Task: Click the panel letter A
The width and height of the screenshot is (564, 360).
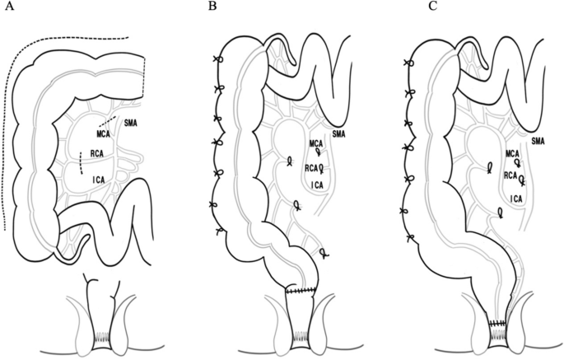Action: [9, 7]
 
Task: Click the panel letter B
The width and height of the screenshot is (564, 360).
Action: [212, 7]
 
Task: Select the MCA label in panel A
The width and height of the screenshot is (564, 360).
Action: [104, 134]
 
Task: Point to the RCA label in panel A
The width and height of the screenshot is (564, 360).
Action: [98, 153]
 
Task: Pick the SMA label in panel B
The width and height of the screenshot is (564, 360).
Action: [338, 133]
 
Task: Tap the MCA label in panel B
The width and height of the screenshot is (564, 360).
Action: [318, 144]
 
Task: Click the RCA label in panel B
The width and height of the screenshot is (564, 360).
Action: [311, 168]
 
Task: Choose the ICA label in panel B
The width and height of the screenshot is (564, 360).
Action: [317, 184]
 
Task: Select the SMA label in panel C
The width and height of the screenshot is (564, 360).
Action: [538, 141]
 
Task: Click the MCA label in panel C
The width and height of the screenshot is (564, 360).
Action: [513, 153]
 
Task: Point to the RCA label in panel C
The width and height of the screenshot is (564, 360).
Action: [510, 175]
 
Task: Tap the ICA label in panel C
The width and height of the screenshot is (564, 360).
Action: [517, 198]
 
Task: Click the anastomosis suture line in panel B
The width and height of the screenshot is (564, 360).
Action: [301, 292]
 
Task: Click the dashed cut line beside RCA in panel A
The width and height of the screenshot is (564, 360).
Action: [81, 162]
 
